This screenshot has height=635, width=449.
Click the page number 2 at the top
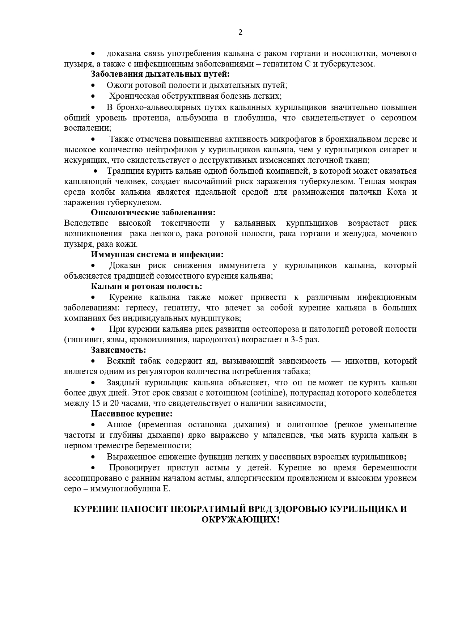point(241,32)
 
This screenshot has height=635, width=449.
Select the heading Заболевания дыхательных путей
point(160,75)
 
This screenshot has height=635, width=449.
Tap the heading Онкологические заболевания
point(153,212)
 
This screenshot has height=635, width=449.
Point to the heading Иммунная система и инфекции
point(157,255)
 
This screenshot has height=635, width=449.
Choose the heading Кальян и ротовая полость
point(146,287)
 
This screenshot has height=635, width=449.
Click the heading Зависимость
point(118,350)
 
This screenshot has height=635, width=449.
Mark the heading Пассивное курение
point(131,414)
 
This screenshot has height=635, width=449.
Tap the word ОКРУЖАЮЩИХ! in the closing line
point(241,520)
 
